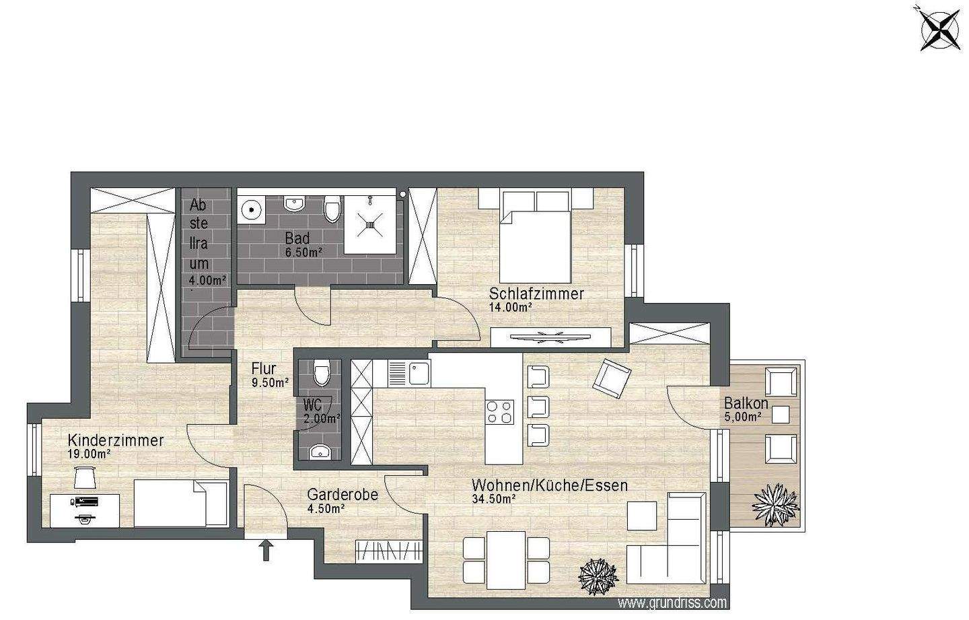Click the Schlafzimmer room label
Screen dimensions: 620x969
click(536, 294)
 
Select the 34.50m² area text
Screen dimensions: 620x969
click(494, 500)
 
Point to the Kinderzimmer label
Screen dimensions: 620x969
click(116, 440)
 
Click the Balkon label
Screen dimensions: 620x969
click(746, 404)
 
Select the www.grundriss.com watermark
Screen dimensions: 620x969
click(672, 602)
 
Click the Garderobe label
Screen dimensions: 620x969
click(343, 495)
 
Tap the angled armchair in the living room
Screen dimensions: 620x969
click(611, 378)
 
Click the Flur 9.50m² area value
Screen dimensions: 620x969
click(270, 382)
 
